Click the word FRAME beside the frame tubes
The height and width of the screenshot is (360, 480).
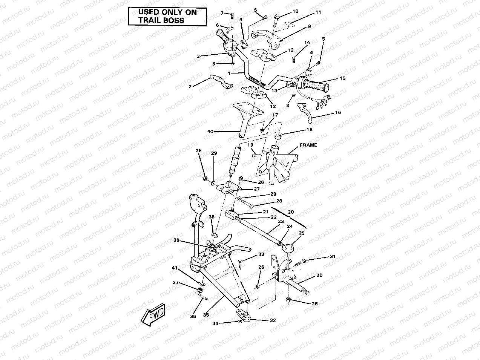click(308, 145)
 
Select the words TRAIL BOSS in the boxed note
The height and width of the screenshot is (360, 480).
click(161, 20)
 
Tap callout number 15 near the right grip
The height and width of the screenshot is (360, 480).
click(342, 78)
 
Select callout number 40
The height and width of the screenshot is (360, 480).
click(210, 132)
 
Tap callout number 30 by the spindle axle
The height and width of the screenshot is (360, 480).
click(319, 275)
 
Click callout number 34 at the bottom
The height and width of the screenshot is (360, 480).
click(215, 323)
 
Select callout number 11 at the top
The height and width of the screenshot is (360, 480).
click(318, 12)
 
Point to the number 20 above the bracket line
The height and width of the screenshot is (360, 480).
click(290, 212)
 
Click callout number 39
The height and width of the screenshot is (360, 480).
click(176, 240)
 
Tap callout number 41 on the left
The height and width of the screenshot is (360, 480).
click(174, 268)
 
